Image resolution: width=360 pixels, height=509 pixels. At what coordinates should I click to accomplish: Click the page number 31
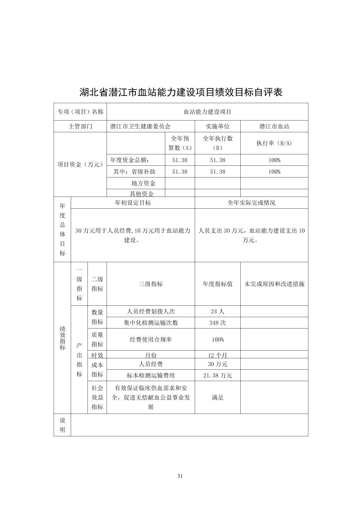pyautogui.click(x=180, y=476)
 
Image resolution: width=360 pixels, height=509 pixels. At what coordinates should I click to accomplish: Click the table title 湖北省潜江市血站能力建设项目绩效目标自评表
pyautogui.click(x=181, y=92)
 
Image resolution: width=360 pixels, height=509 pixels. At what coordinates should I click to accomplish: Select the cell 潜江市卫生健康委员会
pyautogui.click(x=140, y=126)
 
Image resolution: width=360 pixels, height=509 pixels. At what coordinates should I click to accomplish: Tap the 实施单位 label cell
pyautogui.click(x=218, y=126)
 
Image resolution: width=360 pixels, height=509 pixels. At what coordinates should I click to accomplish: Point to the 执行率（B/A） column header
pyautogui.click(x=274, y=143)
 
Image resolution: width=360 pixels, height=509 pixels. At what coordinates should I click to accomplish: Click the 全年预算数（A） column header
pyautogui.click(x=180, y=143)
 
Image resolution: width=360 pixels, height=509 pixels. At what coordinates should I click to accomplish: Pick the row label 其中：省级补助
pyautogui.click(x=134, y=172)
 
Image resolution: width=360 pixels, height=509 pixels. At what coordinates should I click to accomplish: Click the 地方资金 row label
pyautogui.click(x=143, y=183)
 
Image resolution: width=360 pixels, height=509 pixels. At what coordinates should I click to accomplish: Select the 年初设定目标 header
pyautogui.click(x=133, y=203)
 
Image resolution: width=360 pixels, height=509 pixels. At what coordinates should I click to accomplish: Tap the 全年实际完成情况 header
pyautogui.click(x=251, y=203)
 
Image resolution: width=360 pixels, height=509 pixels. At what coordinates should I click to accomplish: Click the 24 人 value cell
pyautogui.click(x=218, y=311)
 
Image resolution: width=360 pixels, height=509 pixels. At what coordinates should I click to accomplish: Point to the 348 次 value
pyautogui.click(x=218, y=323)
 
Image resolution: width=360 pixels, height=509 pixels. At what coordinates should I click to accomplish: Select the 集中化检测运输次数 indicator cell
pyautogui.click(x=151, y=323)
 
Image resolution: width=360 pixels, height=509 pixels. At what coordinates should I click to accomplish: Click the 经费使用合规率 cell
pyautogui.click(x=151, y=340)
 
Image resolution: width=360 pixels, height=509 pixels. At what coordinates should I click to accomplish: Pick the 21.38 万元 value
pyautogui.click(x=218, y=375)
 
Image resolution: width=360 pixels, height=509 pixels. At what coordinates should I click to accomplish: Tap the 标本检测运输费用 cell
pyautogui.click(x=151, y=375)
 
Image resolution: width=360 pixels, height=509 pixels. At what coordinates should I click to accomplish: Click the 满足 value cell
pyautogui.click(x=218, y=397)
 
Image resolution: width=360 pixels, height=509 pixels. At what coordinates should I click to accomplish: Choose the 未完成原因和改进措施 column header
pyautogui.click(x=274, y=284)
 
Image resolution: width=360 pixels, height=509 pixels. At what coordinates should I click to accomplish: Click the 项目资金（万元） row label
pyautogui.click(x=80, y=164)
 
